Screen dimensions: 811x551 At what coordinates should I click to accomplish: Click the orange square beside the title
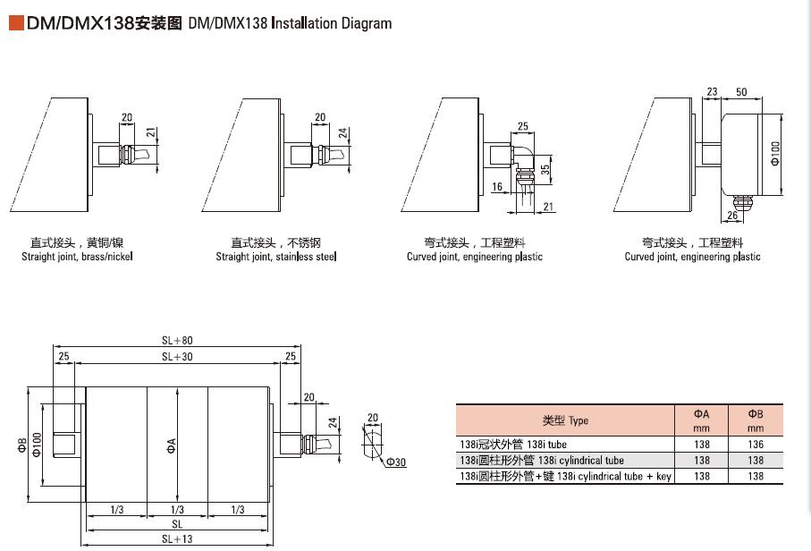[17, 23]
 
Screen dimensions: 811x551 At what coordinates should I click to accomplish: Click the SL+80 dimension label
[177, 341]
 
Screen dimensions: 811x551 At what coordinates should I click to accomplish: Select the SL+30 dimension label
[177, 357]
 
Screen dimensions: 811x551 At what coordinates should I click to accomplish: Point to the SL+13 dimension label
[177, 539]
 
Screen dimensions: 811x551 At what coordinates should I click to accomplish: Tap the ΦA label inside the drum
[171, 446]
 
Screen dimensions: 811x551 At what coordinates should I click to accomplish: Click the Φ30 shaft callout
[396, 462]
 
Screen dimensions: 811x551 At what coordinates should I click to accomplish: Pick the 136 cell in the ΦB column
[756, 445]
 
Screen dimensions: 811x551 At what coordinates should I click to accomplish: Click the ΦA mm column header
[701, 420]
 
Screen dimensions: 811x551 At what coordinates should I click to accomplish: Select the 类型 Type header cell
[565, 420]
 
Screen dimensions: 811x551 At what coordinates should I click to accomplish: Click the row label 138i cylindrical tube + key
[566, 477]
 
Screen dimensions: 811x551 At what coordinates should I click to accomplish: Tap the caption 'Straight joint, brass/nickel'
[77, 257]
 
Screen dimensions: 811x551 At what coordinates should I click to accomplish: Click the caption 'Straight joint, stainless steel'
[276, 257]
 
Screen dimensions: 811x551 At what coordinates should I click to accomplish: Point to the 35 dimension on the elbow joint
[545, 170]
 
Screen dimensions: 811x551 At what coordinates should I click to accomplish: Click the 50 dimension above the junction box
[741, 92]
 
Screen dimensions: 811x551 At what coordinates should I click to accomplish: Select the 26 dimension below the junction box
[732, 216]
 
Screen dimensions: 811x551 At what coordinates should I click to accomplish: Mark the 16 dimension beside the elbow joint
[497, 187]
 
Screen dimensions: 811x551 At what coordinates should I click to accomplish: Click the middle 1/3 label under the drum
[177, 510]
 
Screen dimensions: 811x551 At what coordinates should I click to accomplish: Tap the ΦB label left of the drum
[21, 445]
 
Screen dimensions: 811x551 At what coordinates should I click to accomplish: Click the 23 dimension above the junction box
[713, 92]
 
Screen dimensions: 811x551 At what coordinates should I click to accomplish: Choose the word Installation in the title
[304, 23]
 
